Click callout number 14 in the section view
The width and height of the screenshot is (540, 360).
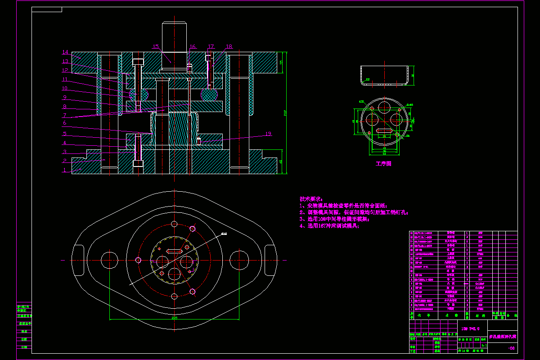65,52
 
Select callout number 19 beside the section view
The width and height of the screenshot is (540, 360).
268,134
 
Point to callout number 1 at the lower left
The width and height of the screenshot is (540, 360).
64,170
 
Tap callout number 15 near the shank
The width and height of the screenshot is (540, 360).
156,47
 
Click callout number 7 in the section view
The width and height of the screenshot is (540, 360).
65,115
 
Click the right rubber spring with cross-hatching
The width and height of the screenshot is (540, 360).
209,94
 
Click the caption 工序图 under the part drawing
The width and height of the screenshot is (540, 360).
383,164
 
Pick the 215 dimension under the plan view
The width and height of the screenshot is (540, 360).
174,318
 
